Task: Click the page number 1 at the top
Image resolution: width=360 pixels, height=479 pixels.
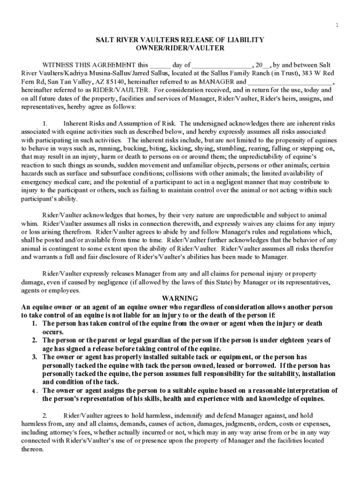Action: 337,25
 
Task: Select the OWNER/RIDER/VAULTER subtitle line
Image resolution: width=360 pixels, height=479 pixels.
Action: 180,48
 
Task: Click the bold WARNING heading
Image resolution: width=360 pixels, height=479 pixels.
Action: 180,298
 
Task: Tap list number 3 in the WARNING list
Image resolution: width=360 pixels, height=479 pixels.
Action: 35,357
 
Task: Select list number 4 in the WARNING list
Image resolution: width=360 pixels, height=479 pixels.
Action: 35,391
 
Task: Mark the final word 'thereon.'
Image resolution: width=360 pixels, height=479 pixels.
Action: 33,449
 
